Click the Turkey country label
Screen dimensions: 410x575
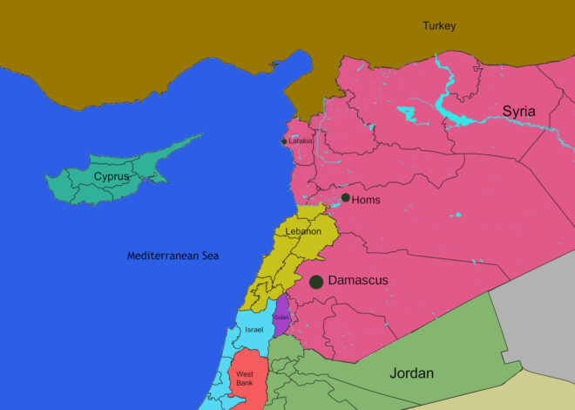coord(439,26)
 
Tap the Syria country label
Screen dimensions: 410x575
coord(518,111)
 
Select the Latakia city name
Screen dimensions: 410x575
coord(301,141)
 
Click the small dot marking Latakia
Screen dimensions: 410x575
coord(284,141)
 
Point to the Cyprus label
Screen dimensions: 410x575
coord(112,176)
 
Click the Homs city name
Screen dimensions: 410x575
coord(366,200)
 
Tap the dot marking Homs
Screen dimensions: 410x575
coord(346,198)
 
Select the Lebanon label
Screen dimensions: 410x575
coord(303,231)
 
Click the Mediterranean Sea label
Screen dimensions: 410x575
coord(173,256)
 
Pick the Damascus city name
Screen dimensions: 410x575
coord(358,281)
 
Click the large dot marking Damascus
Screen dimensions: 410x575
coord(316,282)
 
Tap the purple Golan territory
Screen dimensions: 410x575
coord(281,312)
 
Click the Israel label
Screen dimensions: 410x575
coord(254,330)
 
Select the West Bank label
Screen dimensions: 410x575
coord(245,379)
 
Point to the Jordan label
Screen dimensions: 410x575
coord(411,373)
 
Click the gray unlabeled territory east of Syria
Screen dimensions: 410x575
coord(540,305)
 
